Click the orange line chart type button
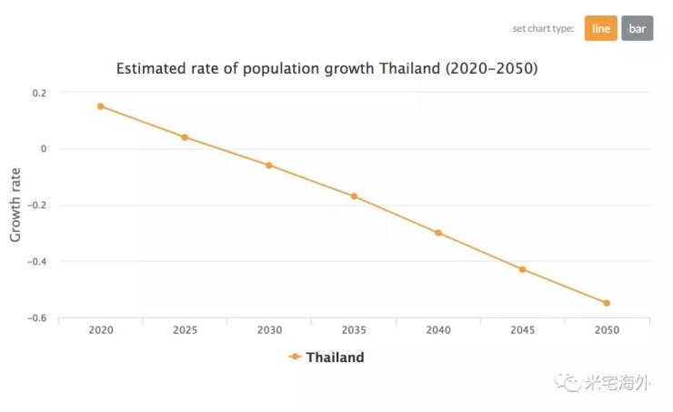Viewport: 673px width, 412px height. click(x=600, y=28)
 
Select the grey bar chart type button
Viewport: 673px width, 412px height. click(x=638, y=28)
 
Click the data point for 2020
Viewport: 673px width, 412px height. click(x=100, y=106)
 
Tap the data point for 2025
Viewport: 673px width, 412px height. click(x=185, y=137)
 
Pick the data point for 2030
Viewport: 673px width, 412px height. click(x=269, y=166)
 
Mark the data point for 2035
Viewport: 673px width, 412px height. click(x=354, y=196)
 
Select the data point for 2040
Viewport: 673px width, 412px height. click(x=438, y=233)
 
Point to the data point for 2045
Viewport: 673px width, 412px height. click(x=522, y=269)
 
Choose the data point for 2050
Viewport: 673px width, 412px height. click(x=607, y=303)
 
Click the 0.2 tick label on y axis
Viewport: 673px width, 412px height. click(x=39, y=93)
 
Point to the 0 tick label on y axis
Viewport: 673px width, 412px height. click(x=43, y=149)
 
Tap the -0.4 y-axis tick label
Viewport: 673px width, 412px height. click(x=37, y=262)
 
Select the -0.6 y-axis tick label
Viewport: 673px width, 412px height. click(x=37, y=318)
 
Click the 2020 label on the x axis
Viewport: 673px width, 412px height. click(x=100, y=331)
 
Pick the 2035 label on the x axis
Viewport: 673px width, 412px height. click(x=354, y=331)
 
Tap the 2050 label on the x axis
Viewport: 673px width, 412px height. click(x=607, y=331)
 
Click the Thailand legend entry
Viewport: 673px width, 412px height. click(x=326, y=357)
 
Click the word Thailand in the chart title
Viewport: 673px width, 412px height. click(x=408, y=68)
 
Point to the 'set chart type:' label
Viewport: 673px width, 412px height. click(x=543, y=29)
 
